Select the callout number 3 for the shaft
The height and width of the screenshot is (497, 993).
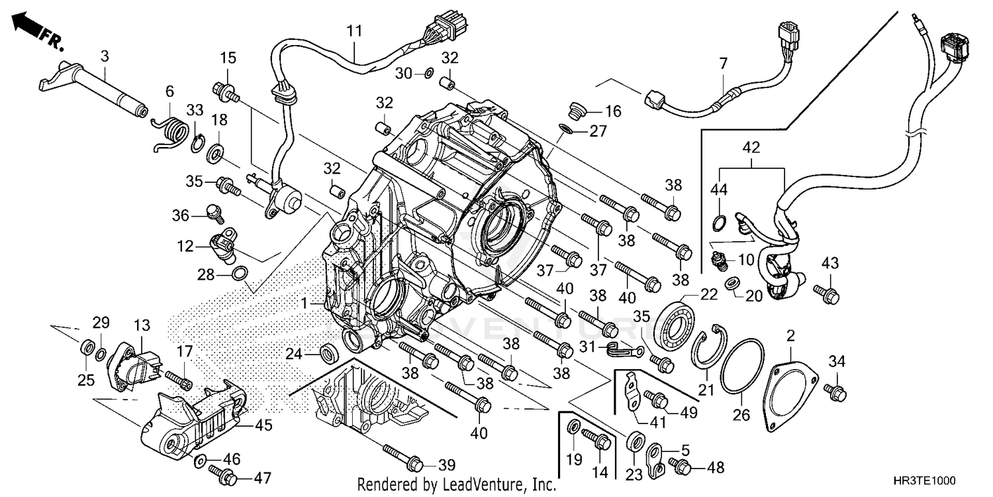[105, 56]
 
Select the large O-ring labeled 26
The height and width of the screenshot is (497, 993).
[741, 368]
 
